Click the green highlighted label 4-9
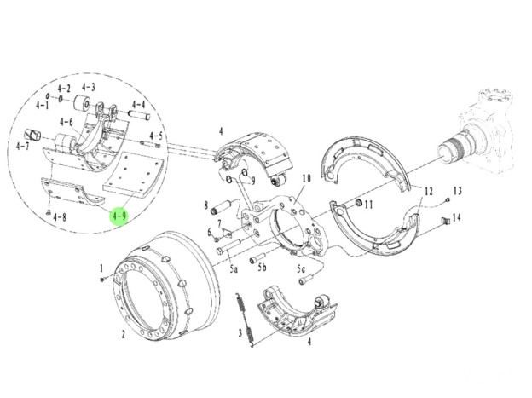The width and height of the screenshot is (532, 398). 119,216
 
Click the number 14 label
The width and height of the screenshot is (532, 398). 457,218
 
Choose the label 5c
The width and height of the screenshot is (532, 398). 300,268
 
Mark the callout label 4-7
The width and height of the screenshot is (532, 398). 23,147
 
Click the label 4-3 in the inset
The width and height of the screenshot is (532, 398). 89,88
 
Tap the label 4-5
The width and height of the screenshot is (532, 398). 156,136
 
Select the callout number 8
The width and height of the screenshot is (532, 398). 205,205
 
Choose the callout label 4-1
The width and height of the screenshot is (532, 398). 42,106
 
